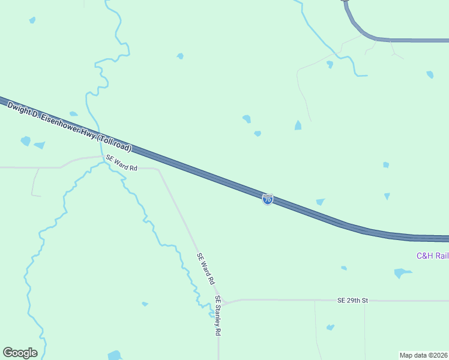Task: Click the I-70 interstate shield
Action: (x=268, y=199)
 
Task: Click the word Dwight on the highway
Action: (x=19, y=109)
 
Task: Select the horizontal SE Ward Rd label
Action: (x=121, y=164)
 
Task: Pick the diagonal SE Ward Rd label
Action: (x=206, y=268)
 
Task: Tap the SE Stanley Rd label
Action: (x=219, y=316)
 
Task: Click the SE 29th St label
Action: (x=352, y=299)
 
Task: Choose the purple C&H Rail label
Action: (x=432, y=256)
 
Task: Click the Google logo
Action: (x=20, y=352)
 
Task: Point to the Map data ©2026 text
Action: (x=424, y=355)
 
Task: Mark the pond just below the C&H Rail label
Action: (x=401, y=273)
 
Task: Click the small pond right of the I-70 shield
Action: (x=320, y=202)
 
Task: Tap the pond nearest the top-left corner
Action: (x=32, y=20)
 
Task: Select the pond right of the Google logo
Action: (x=114, y=355)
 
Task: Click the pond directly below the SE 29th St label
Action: (x=330, y=328)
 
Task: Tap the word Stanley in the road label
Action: (x=218, y=315)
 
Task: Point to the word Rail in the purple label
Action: (x=442, y=256)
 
